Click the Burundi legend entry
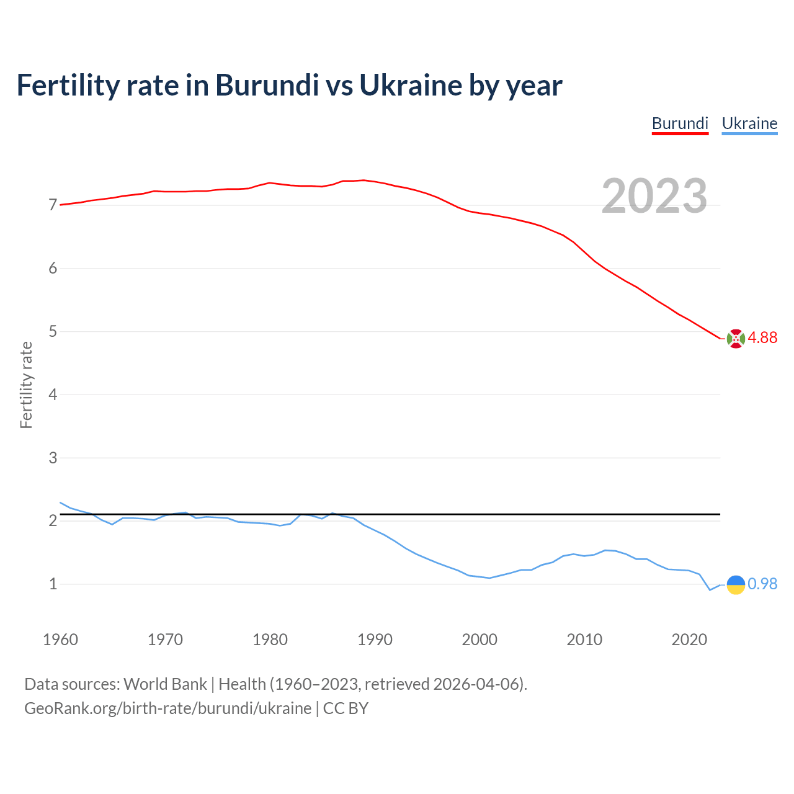(680, 123)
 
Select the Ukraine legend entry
(749, 123)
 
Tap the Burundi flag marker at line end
(736, 339)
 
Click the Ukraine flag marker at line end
(736, 584)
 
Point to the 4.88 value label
(762, 337)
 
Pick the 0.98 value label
(762, 584)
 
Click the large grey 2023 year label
(654, 196)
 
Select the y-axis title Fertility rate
(26, 385)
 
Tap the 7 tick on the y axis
(53, 205)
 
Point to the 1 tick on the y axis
(53, 584)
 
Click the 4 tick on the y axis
(53, 395)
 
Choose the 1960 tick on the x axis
(60, 640)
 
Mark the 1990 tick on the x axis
(375, 640)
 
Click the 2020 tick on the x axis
(689, 640)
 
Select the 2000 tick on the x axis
(480, 640)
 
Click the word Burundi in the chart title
(267, 85)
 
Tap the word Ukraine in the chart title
(411, 85)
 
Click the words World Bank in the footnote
(165, 684)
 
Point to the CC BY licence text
(346, 708)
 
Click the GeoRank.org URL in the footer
(167, 708)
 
